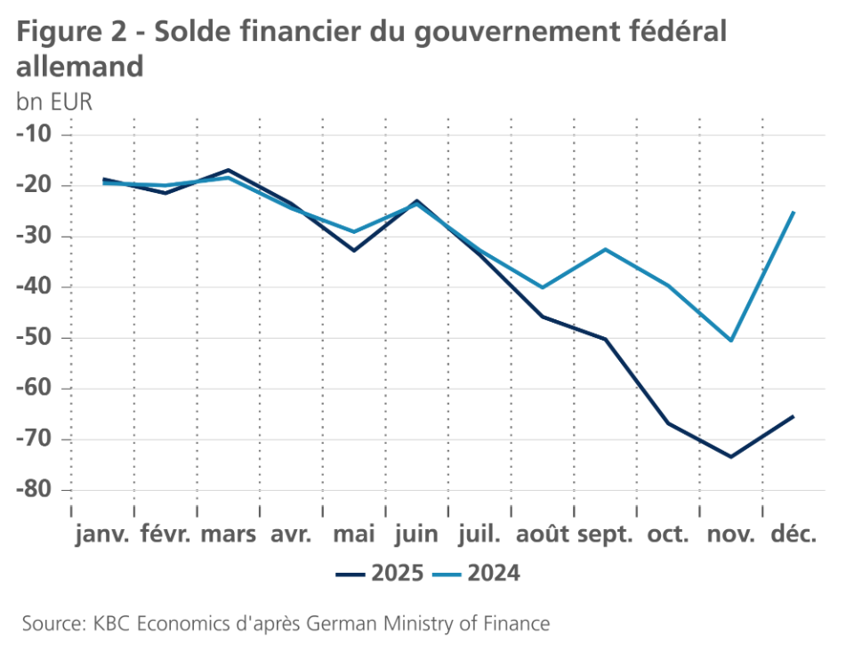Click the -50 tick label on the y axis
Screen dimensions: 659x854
(35, 338)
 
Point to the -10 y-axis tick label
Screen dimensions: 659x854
(35, 134)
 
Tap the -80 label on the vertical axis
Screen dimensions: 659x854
(35, 490)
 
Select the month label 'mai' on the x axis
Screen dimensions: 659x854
(353, 534)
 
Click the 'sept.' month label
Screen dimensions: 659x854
(605, 534)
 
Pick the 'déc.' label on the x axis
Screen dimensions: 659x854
(794, 534)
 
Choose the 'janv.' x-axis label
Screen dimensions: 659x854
(102, 534)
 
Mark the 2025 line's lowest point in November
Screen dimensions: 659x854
(730, 457)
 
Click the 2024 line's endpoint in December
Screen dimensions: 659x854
(793, 213)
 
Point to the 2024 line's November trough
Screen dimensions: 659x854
(730, 341)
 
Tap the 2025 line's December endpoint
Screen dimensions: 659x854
(793, 416)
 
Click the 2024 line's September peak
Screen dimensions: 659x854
(605, 249)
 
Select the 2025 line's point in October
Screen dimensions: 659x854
(668, 422)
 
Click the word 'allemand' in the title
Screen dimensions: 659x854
(80, 67)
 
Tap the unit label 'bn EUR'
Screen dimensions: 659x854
(54, 101)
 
